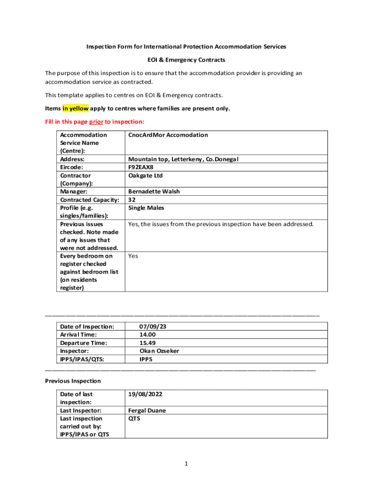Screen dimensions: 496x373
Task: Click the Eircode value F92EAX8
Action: click(140, 167)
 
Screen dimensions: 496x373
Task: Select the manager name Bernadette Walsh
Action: click(154, 191)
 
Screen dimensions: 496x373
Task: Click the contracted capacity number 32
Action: click(132, 200)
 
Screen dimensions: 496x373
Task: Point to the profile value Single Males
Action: click(146, 208)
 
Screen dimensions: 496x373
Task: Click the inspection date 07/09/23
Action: click(152, 326)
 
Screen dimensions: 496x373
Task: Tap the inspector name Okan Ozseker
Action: click(159, 351)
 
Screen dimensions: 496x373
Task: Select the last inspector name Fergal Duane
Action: click(147, 410)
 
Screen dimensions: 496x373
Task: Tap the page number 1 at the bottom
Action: click(186, 464)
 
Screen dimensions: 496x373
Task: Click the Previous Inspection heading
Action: click(73, 381)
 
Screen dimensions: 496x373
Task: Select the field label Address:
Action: click(72, 159)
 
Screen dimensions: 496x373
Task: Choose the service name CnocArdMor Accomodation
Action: click(168, 135)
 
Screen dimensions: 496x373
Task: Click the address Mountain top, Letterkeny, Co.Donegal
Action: click(183, 159)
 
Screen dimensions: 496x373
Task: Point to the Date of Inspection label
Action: click(87, 326)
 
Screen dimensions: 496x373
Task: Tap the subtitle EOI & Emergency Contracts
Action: click(186, 60)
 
